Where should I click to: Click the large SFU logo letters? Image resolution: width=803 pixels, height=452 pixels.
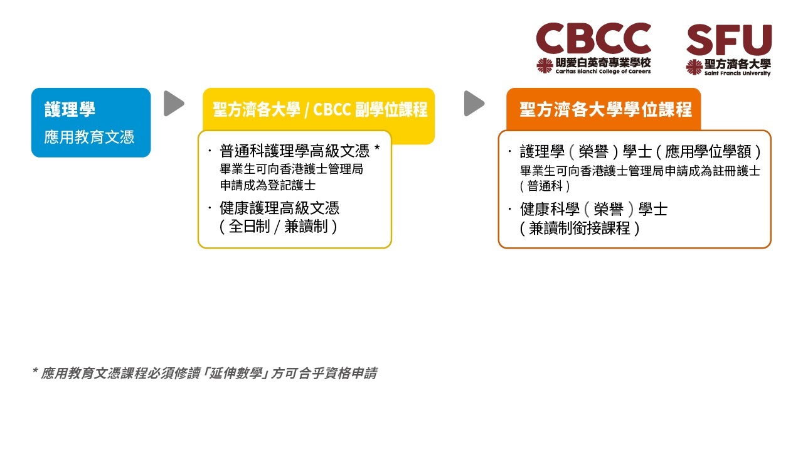(x=729, y=40)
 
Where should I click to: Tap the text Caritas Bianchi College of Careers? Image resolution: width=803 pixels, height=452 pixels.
(x=603, y=72)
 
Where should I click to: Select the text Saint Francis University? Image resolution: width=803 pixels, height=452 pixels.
(x=737, y=73)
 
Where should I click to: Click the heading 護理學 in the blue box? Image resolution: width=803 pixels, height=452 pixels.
(x=70, y=109)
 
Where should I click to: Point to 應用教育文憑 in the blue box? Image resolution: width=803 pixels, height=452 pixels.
(x=89, y=137)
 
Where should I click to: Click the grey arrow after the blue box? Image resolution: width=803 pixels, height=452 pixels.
(x=174, y=104)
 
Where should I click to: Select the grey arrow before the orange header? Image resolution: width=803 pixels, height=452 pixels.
(x=474, y=104)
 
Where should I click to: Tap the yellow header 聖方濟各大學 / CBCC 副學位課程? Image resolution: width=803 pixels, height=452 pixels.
(x=320, y=109)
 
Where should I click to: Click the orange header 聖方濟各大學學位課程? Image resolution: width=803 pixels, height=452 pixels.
(x=605, y=109)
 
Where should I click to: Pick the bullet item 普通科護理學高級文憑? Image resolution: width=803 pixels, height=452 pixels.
(x=294, y=151)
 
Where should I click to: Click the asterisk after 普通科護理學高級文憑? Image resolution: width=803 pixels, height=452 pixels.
(x=377, y=148)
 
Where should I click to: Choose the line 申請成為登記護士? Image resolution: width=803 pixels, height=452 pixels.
(x=267, y=185)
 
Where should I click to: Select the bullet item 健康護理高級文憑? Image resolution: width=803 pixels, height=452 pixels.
(x=279, y=208)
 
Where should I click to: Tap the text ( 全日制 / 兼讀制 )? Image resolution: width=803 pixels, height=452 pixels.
(x=278, y=227)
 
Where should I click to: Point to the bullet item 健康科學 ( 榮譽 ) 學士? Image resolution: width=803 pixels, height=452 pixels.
(x=593, y=210)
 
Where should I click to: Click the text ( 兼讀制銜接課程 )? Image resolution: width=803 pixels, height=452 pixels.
(x=580, y=229)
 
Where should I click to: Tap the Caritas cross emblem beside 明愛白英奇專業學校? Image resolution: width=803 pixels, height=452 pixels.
(x=545, y=66)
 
